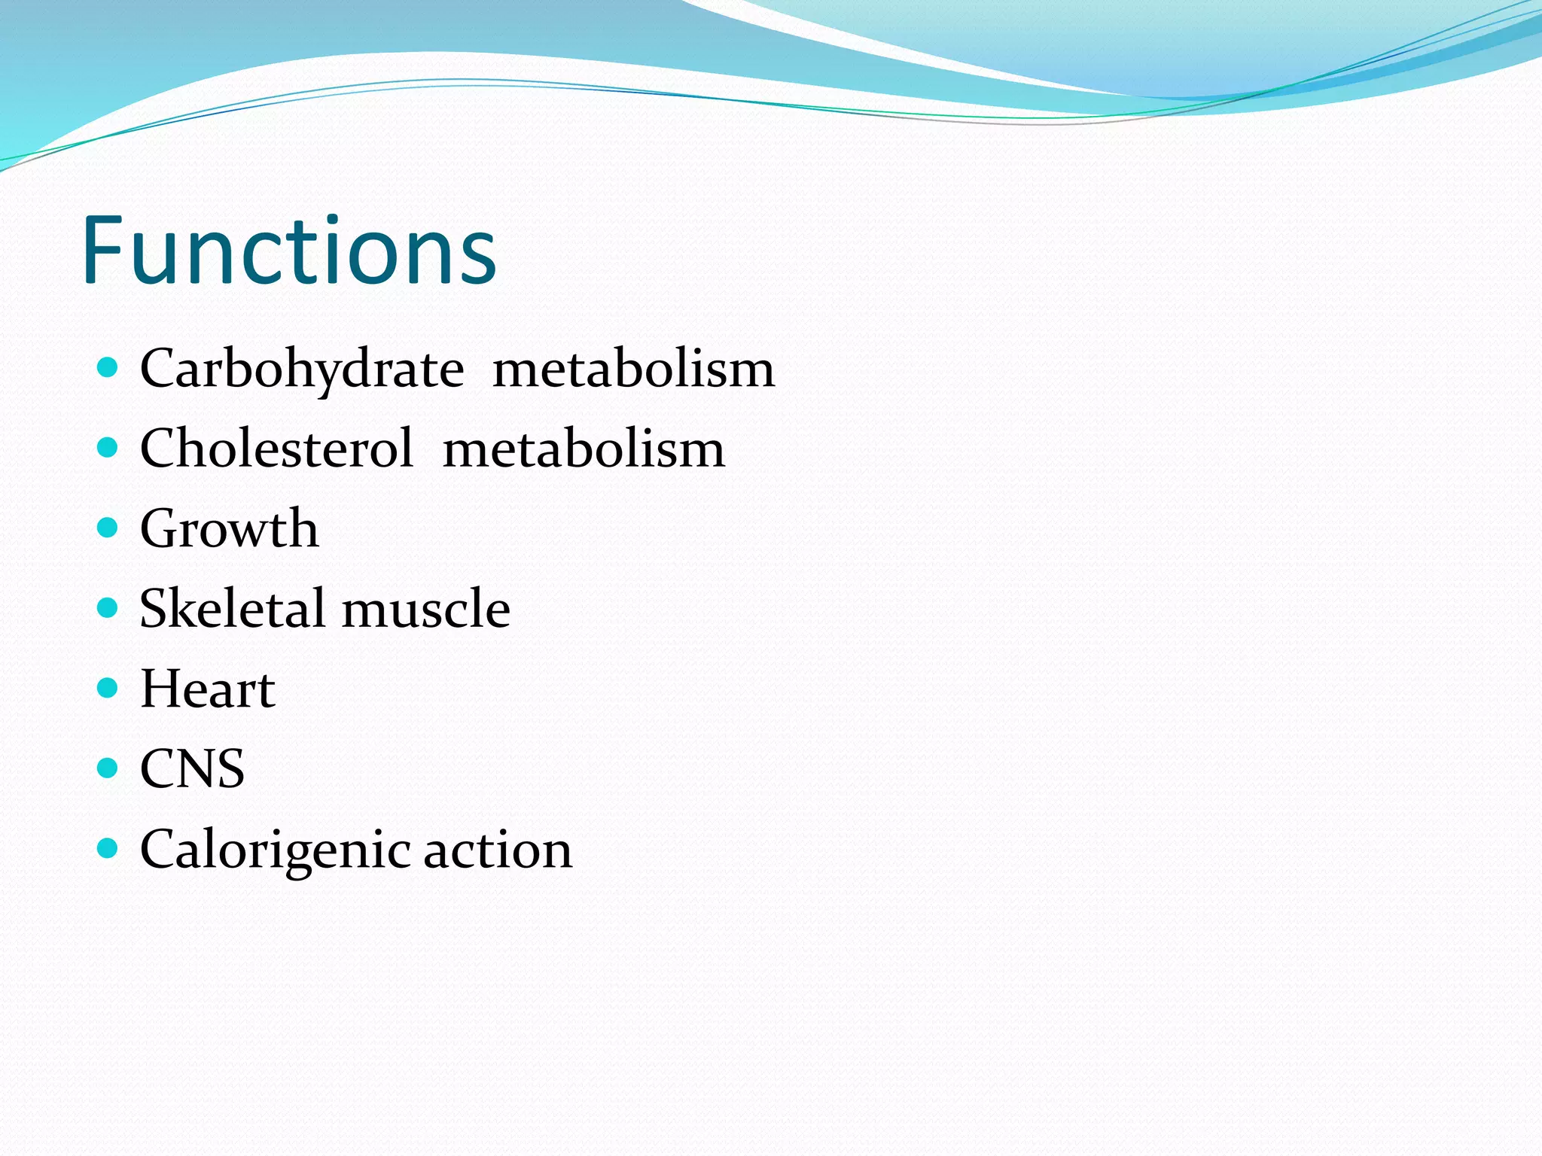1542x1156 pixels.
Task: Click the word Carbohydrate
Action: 302,370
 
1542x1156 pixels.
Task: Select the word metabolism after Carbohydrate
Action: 633,370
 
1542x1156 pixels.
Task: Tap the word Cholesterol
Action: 276,449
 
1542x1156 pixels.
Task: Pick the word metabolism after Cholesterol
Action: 584,449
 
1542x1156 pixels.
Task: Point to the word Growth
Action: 229,528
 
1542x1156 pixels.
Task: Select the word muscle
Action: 426,610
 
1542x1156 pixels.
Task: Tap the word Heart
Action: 208,689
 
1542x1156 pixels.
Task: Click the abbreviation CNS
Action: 192,768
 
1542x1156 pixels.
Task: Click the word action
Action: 498,850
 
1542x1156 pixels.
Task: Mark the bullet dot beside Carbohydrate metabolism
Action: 108,368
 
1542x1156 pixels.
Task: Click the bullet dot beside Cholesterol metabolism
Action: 108,448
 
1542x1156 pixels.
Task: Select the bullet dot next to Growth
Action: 108,528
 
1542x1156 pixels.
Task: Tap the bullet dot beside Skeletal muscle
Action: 108,607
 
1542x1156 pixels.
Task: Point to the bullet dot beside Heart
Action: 108,688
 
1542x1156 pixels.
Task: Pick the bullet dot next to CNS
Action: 108,768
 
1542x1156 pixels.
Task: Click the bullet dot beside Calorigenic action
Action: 108,848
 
